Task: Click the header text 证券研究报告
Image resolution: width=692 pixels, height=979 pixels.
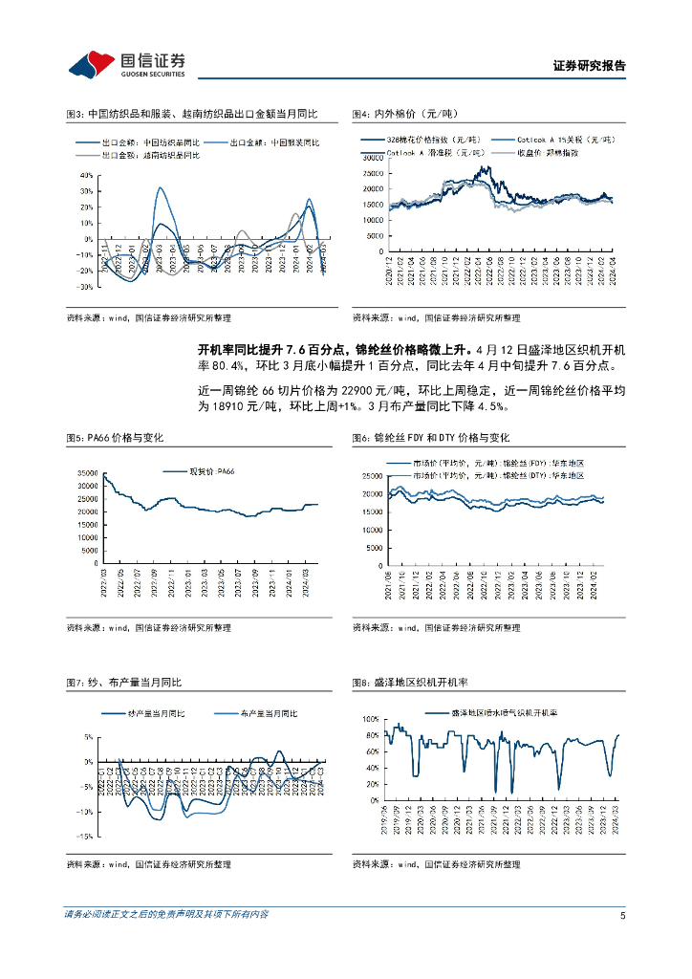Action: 589,67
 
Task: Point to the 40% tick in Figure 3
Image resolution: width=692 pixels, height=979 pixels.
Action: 86,176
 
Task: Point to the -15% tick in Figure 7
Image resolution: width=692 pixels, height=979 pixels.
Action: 84,836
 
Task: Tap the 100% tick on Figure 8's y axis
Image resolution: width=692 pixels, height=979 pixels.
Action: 371,718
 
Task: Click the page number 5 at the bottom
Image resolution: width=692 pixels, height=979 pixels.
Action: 622,915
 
